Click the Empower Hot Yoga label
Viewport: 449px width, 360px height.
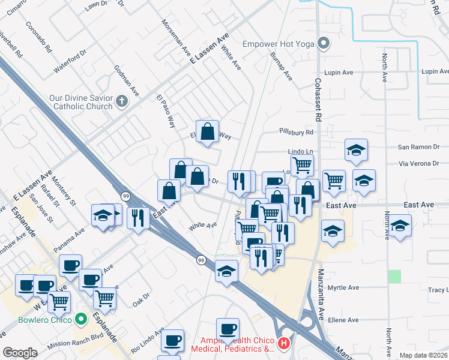click(x=279, y=43)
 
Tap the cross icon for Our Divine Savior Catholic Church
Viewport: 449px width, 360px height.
click(x=122, y=101)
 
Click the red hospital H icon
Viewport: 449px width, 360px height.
click(x=284, y=344)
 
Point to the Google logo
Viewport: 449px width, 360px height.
click(x=20, y=352)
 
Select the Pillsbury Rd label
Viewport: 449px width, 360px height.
click(x=297, y=132)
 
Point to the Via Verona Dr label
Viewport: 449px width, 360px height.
click(x=420, y=163)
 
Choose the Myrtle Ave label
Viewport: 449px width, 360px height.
click(x=343, y=288)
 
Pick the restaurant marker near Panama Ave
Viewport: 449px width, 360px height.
click(x=139, y=217)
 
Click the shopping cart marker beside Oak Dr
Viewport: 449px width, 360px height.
click(x=104, y=297)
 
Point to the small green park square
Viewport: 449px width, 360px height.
click(x=394, y=277)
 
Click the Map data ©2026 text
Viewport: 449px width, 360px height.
click(x=424, y=355)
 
